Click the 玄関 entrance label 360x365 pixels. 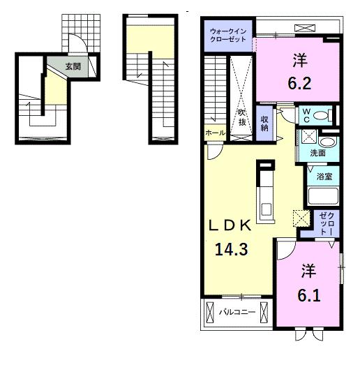click(x=73, y=66)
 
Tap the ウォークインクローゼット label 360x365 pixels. click(x=228, y=35)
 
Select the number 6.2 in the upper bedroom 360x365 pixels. click(x=300, y=83)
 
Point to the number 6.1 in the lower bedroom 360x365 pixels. click(x=309, y=295)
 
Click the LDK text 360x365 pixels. click(x=230, y=225)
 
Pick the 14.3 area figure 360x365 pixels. click(x=232, y=249)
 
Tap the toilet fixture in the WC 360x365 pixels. click(x=323, y=115)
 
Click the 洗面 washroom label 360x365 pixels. click(x=317, y=153)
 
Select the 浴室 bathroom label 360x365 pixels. click(x=324, y=176)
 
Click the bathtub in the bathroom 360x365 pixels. click(x=323, y=195)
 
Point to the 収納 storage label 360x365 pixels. click(x=264, y=124)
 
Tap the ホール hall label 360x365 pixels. click(x=215, y=133)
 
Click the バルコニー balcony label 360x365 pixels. click(x=237, y=312)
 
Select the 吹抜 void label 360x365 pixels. click(x=242, y=118)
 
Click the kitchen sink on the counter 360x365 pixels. click(x=266, y=209)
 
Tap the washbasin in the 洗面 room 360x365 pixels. click(x=327, y=142)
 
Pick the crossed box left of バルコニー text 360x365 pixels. click(x=210, y=313)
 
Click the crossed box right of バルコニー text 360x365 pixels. click(x=264, y=313)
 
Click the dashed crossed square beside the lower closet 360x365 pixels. click(x=301, y=218)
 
